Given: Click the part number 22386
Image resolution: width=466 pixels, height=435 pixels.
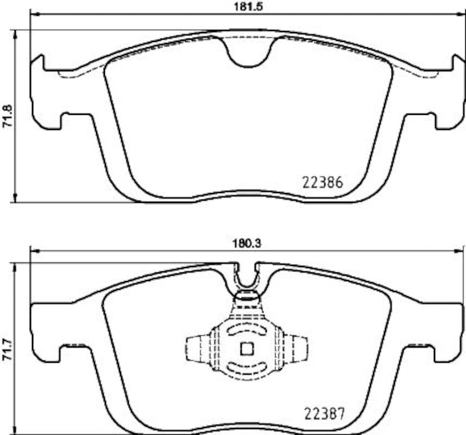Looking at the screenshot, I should pyautogui.click(x=322, y=181).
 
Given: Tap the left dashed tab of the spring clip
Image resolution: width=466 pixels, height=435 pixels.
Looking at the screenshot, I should pyautogui.click(x=195, y=349).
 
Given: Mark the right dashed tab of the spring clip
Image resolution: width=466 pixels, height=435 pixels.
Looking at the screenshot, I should pyautogui.click(x=298, y=349).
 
